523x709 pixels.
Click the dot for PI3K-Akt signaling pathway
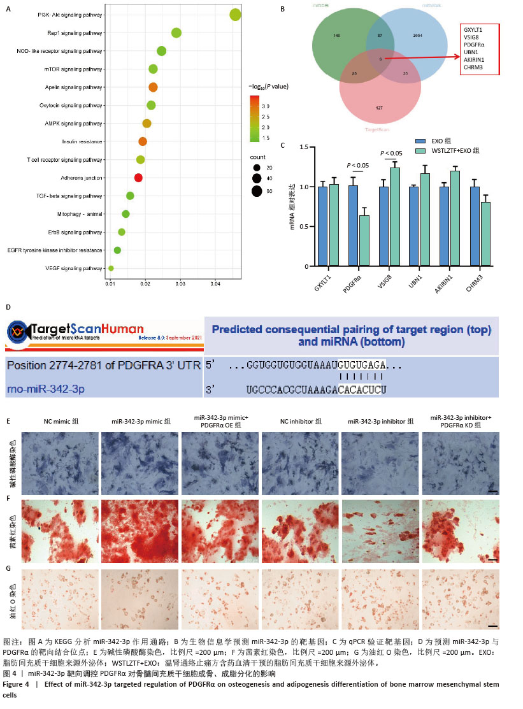(235, 15)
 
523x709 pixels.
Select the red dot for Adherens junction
(138, 178)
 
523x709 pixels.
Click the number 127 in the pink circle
(379, 108)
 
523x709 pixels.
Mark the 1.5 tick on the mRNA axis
(304, 147)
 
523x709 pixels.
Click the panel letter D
(8, 306)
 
